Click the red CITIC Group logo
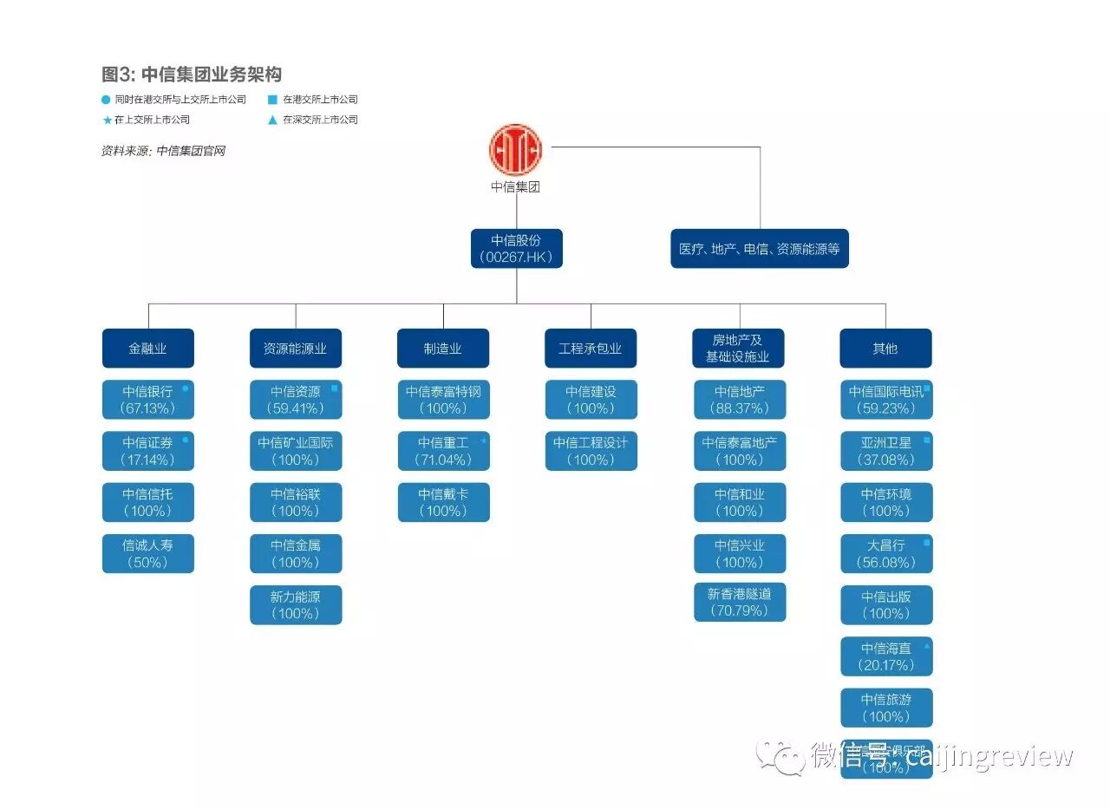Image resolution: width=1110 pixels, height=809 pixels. tap(515, 148)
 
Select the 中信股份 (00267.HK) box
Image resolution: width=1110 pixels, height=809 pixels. tap(517, 249)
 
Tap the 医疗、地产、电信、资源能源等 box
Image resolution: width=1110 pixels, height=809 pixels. tap(760, 249)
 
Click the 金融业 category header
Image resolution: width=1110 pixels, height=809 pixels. tap(147, 349)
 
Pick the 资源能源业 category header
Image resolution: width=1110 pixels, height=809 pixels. tap(296, 349)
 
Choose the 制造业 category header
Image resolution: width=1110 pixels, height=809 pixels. tap(443, 349)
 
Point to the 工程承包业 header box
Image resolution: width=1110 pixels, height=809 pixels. tap(591, 349)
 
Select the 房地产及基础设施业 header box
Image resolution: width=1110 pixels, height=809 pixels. tap(739, 349)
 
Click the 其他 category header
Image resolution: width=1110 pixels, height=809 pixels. tap(885, 349)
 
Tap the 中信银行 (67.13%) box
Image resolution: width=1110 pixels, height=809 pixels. tap(147, 400)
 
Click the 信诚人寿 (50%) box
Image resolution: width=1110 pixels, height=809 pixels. tap(147, 553)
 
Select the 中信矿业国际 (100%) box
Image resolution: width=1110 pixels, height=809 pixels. tap(296, 451)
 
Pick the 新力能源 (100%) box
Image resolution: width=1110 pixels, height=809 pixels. tap(296, 605)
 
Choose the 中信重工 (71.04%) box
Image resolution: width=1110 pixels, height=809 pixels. tap(443, 451)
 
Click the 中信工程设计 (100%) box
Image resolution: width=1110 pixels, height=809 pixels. tap(591, 451)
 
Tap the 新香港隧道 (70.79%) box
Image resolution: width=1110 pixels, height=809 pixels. tap(739, 603)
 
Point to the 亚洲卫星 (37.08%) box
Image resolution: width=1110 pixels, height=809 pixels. tap(886, 451)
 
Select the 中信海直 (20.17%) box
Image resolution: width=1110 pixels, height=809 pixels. tap(886, 656)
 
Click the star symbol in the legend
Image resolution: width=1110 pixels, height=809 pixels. tap(107, 121)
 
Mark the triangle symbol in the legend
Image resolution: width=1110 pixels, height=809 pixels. tap(272, 121)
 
